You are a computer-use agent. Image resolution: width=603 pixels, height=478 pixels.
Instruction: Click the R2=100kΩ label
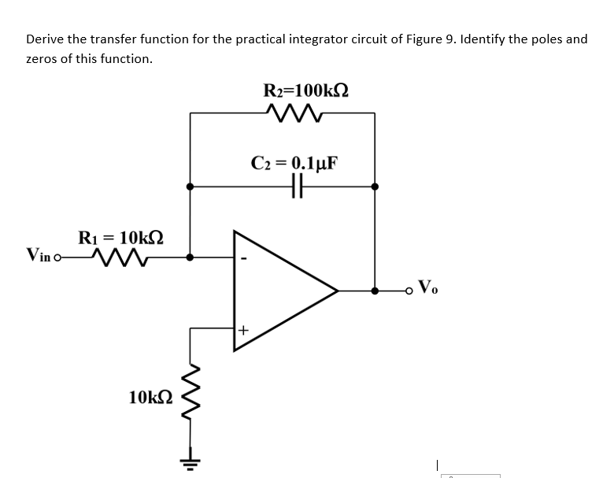[306, 89]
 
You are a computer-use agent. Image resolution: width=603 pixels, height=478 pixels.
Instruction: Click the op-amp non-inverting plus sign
[244, 332]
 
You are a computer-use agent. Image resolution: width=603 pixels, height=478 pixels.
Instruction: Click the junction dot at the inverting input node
[191, 257]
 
